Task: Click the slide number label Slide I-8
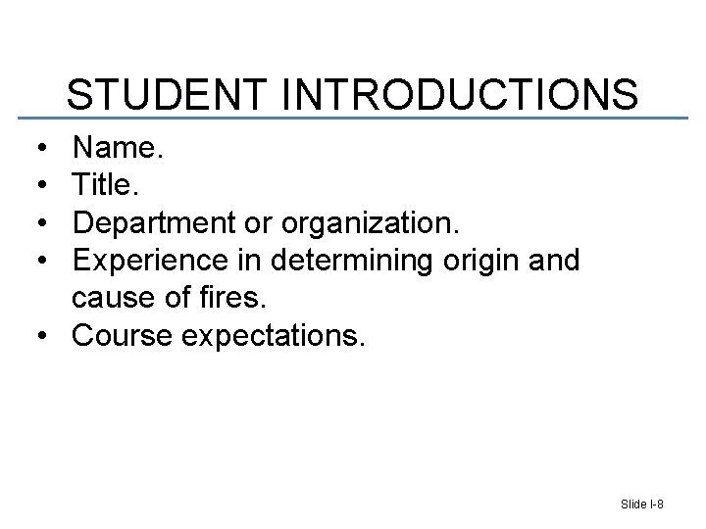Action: tap(642, 504)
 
